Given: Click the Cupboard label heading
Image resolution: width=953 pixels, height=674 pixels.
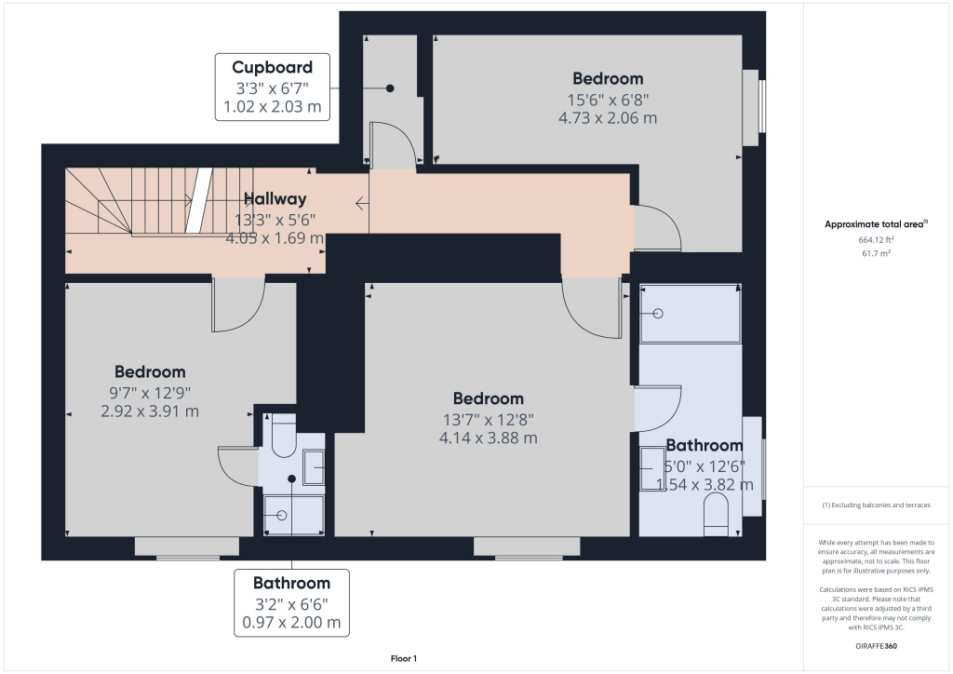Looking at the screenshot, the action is tap(273, 67).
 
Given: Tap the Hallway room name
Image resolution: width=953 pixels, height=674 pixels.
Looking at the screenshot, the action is tap(275, 198).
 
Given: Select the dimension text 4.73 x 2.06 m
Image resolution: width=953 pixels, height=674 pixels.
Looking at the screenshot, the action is tap(608, 118).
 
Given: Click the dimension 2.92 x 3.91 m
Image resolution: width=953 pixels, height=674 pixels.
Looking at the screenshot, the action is tap(150, 411).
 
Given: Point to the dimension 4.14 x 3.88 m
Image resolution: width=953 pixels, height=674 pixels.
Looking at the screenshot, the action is tap(488, 438).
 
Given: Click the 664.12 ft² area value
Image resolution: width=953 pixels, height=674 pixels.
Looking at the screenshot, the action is tap(876, 239).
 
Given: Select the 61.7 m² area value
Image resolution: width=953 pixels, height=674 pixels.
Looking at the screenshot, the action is tap(876, 253).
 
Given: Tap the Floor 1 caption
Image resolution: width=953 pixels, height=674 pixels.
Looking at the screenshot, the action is tap(404, 659).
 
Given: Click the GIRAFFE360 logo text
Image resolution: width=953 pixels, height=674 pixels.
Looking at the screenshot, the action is tap(876, 646).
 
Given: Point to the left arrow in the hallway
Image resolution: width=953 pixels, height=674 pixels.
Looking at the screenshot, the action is tap(362, 204).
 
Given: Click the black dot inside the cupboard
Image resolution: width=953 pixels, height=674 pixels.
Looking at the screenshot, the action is tap(390, 88).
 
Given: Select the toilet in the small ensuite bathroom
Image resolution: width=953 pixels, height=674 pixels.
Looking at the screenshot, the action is tap(283, 435).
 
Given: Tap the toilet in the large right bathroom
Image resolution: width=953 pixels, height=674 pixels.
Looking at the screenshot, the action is tap(716, 514).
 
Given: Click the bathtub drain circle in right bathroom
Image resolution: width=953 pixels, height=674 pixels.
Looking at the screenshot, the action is tap(658, 314).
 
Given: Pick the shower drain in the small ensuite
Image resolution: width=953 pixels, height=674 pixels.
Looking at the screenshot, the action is tap(281, 516).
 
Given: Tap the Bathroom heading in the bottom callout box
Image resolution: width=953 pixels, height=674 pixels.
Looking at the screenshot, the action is tap(291, 584).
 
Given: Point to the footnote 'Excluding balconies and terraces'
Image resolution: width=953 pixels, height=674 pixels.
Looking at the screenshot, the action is tap(880, 505).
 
